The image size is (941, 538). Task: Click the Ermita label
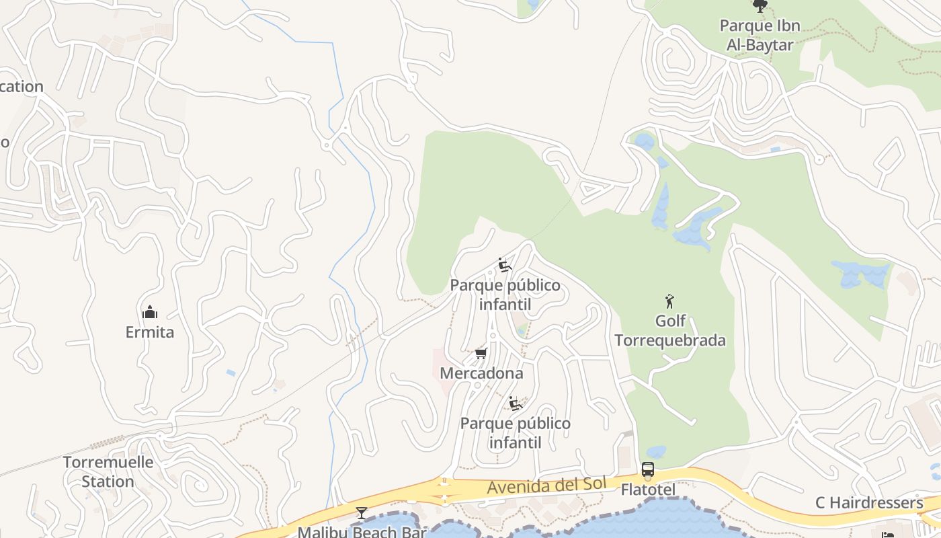click(149, 332)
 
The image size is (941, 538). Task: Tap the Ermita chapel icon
click(149, 312)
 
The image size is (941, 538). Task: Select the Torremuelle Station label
click(108, 472)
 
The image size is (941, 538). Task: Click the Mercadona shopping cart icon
click(481, 353)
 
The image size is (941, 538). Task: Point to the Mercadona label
click(481, 373)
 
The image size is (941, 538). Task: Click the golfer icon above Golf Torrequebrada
click(669, 301)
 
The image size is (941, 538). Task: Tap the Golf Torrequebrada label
click(670, 331)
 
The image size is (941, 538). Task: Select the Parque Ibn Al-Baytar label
click(760, 36)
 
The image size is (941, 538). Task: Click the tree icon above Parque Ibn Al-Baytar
click(760, 7)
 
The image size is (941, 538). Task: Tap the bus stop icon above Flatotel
click(648, 469)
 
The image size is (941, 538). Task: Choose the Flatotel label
click(648, 490)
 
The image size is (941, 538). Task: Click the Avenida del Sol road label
click(547, 486)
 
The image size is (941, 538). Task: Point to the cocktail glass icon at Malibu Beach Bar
click(362, 514)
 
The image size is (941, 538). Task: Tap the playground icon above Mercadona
click(504, 265)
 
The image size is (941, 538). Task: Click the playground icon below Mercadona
click(516, 403)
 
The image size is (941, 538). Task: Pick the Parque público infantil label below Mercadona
click(516, 433)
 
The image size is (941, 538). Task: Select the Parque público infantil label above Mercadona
click(505, 295)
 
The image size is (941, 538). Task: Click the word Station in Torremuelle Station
click(108, 482)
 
